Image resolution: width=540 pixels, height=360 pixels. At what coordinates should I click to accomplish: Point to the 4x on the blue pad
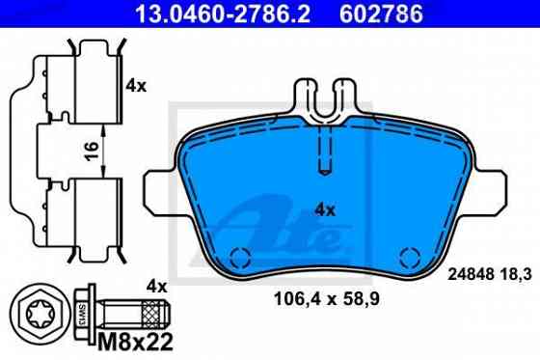(325, 208)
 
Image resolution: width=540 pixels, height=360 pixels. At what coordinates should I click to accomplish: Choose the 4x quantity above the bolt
(156, 286)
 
